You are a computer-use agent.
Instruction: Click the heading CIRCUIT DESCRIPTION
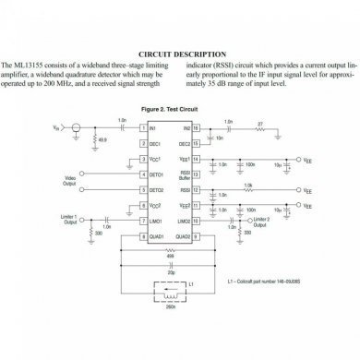(x=179, y=54)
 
